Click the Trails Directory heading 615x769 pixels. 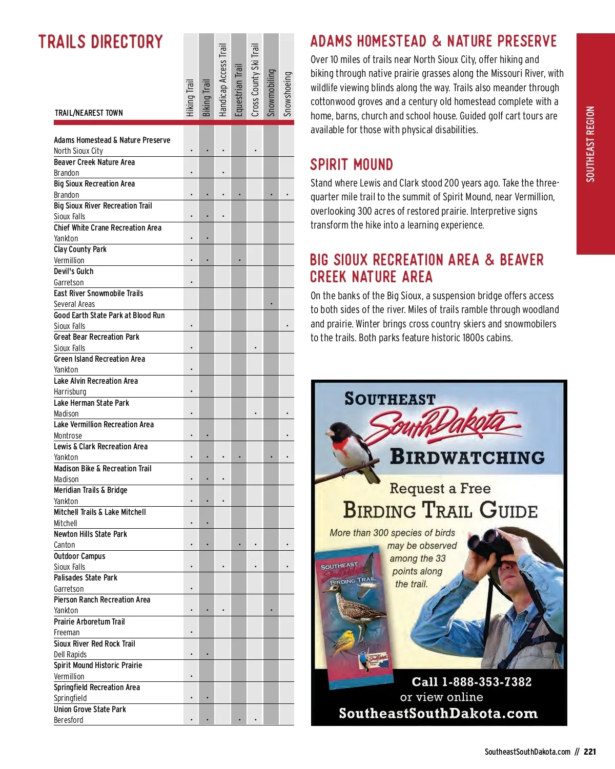coord(100,42)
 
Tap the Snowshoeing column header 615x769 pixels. coord(288,93)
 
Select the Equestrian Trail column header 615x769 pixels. coord(239,90)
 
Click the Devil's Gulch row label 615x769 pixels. coord(74,272)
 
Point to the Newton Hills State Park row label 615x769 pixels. coord(90,534)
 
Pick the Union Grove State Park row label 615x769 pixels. coord(90,710)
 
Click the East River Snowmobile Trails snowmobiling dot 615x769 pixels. coord(271,304)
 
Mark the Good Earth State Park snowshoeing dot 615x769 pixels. coord(288,326)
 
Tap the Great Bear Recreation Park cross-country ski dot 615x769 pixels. coord(255,348)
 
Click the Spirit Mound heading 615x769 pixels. coord(352,164)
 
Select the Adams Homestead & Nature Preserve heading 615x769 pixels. coord(433,41)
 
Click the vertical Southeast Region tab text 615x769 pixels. coord(590,144)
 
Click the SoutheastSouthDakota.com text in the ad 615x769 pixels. coord(438,714)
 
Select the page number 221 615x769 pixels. coord(590,752)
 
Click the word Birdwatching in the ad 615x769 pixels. coord(467,457)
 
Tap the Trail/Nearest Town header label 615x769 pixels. coord(89,113)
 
